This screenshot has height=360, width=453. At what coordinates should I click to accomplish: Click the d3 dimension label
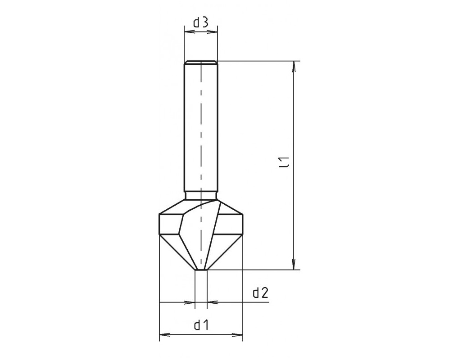(x=201, y=22)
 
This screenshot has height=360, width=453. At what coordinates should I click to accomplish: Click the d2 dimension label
(x=261, y=293)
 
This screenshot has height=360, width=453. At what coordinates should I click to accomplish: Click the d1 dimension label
(x=201, y=325)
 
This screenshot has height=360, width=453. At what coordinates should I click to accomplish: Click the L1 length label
(x=286, y=162)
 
